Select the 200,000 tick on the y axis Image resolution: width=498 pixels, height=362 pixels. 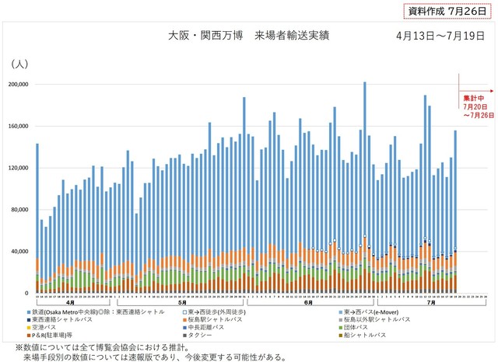click(17, 84)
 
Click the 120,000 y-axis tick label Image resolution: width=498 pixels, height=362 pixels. click(17, 168)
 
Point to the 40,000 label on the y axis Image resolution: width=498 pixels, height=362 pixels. click(19, 252)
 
